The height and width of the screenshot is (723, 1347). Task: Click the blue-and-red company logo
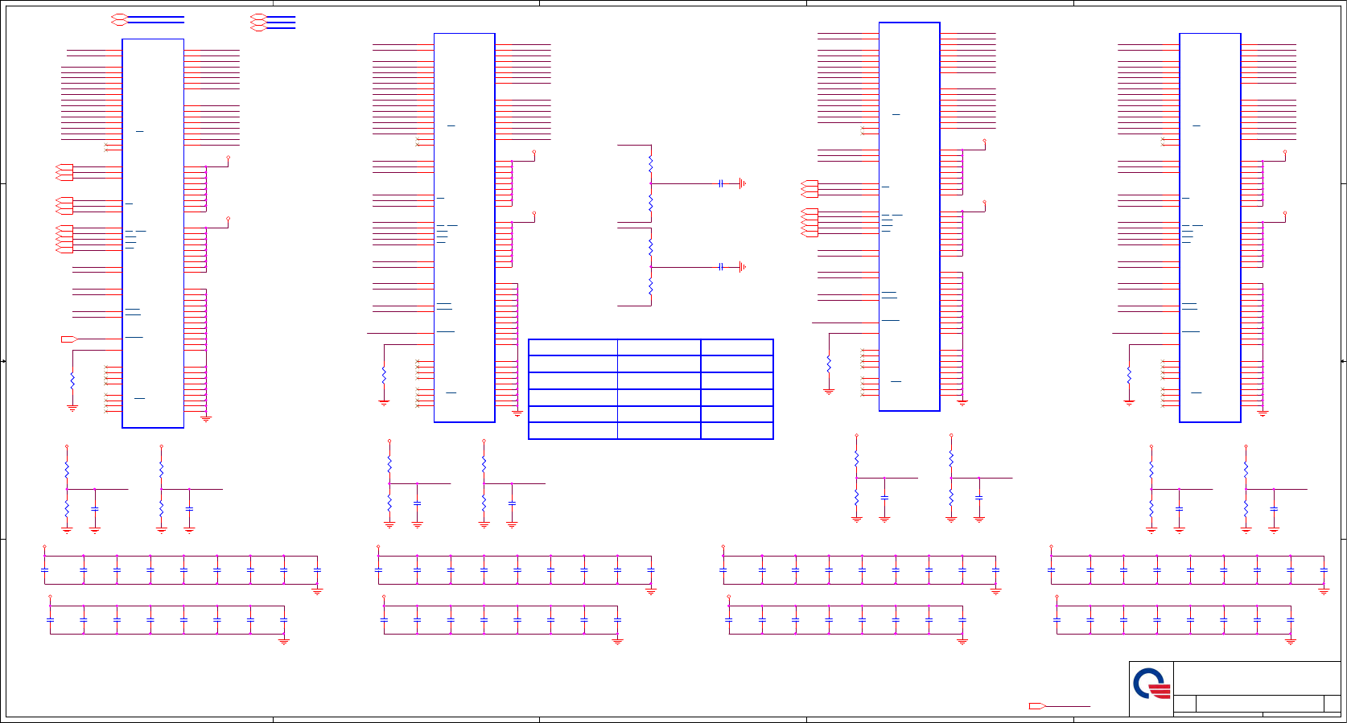(x=1151, y=684)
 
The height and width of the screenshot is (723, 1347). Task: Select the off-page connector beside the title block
(x=1037, y=706)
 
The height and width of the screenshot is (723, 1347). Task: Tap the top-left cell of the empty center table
(x=573, y=347)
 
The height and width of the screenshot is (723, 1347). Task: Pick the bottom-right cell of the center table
(x=736, y=430)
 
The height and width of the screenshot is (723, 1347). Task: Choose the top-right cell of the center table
(x=736, y=347)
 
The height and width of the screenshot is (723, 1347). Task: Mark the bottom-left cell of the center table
(x=573, y=430)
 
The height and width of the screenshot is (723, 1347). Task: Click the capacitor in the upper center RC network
(x=721, y=183)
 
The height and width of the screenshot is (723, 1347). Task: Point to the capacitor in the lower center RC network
(x=721, y=267)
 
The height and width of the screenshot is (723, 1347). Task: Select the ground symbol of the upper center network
(x=742, y=183)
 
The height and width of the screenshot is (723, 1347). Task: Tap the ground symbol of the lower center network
(x=742, y=267)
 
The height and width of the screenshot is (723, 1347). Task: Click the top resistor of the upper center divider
(x=650, y=164)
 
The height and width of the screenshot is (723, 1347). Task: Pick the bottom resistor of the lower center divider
(x=650, y=287)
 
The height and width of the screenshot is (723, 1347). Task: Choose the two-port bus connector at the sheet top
(x=119, y=19)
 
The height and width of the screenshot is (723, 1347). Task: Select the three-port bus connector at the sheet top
(x=258, y=23)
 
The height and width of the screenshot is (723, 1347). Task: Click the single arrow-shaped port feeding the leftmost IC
(x=69, y=339)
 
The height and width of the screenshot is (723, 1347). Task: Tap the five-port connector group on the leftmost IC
(x=64, y=239)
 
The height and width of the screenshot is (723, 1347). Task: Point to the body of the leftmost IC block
(x=153, y=233)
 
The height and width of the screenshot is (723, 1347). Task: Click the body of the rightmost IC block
(x=1209, y=228)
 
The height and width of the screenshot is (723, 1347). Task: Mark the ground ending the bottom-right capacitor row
(x=1291, y=641)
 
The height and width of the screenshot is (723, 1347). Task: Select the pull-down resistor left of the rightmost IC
(x=1129, y=375)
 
